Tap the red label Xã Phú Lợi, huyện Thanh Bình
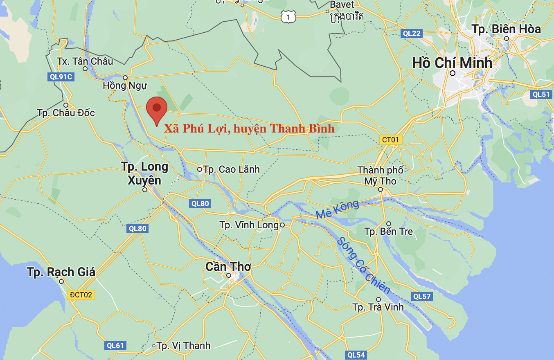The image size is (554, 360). [249, 128]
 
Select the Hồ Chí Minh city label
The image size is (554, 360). [452, 63]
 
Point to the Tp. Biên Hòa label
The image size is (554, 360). [506, 29]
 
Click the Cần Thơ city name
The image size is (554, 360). [228, 267]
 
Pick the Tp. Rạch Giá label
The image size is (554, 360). [61, 272]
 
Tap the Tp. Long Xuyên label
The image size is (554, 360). [144, 173]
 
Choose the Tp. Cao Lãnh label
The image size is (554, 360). [231, 169]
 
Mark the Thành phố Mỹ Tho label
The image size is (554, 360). [381, 175]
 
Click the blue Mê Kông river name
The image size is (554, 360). [337, 209]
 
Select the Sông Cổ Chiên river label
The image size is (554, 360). [363, 265]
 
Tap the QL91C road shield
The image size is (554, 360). [60, 76]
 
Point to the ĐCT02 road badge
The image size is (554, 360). [81, 295]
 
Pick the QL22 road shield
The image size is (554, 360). [411, 34]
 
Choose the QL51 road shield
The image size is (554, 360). [541, 94]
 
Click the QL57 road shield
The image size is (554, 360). [422, 296]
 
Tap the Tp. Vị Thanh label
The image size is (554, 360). [183, 346]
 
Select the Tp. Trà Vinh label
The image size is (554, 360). [378, 307]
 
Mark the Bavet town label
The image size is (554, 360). [342, 4]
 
